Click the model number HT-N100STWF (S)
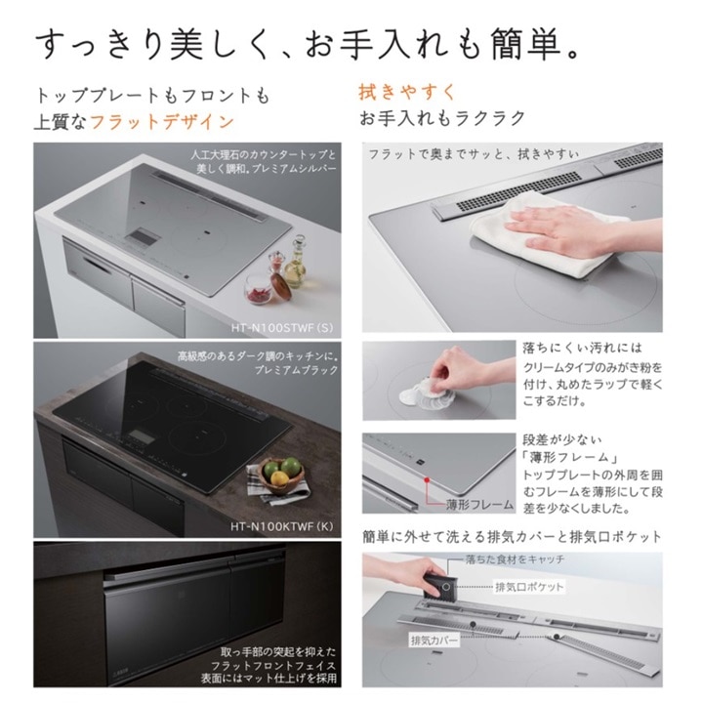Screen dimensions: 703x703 click(x=282, y=328)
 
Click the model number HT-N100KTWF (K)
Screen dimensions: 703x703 click(x=282, y=526)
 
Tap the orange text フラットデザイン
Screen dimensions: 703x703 click(x=162, y=122)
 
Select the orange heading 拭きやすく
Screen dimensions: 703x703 click(x=406, y=92)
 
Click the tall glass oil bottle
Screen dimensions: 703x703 click(x=296, y=264)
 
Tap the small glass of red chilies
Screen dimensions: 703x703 click(x=258, y=289)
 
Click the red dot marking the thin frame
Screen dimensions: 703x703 click(x=427, y=479)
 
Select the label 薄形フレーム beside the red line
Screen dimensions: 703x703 click(x=479, y=505)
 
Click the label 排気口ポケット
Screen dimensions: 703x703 click(x=529, y=587)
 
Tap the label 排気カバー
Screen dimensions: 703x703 click(x=434, y=641)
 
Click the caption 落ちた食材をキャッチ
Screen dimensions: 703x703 click(x=515, y=559)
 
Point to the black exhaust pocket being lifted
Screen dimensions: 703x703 click(x=440, y=587)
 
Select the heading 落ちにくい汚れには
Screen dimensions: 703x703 click(x=583, y=348)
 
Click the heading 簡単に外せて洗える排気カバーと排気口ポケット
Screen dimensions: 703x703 click(x=513, y=537)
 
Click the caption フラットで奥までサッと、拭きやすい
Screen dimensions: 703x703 click(x=474, y=154)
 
